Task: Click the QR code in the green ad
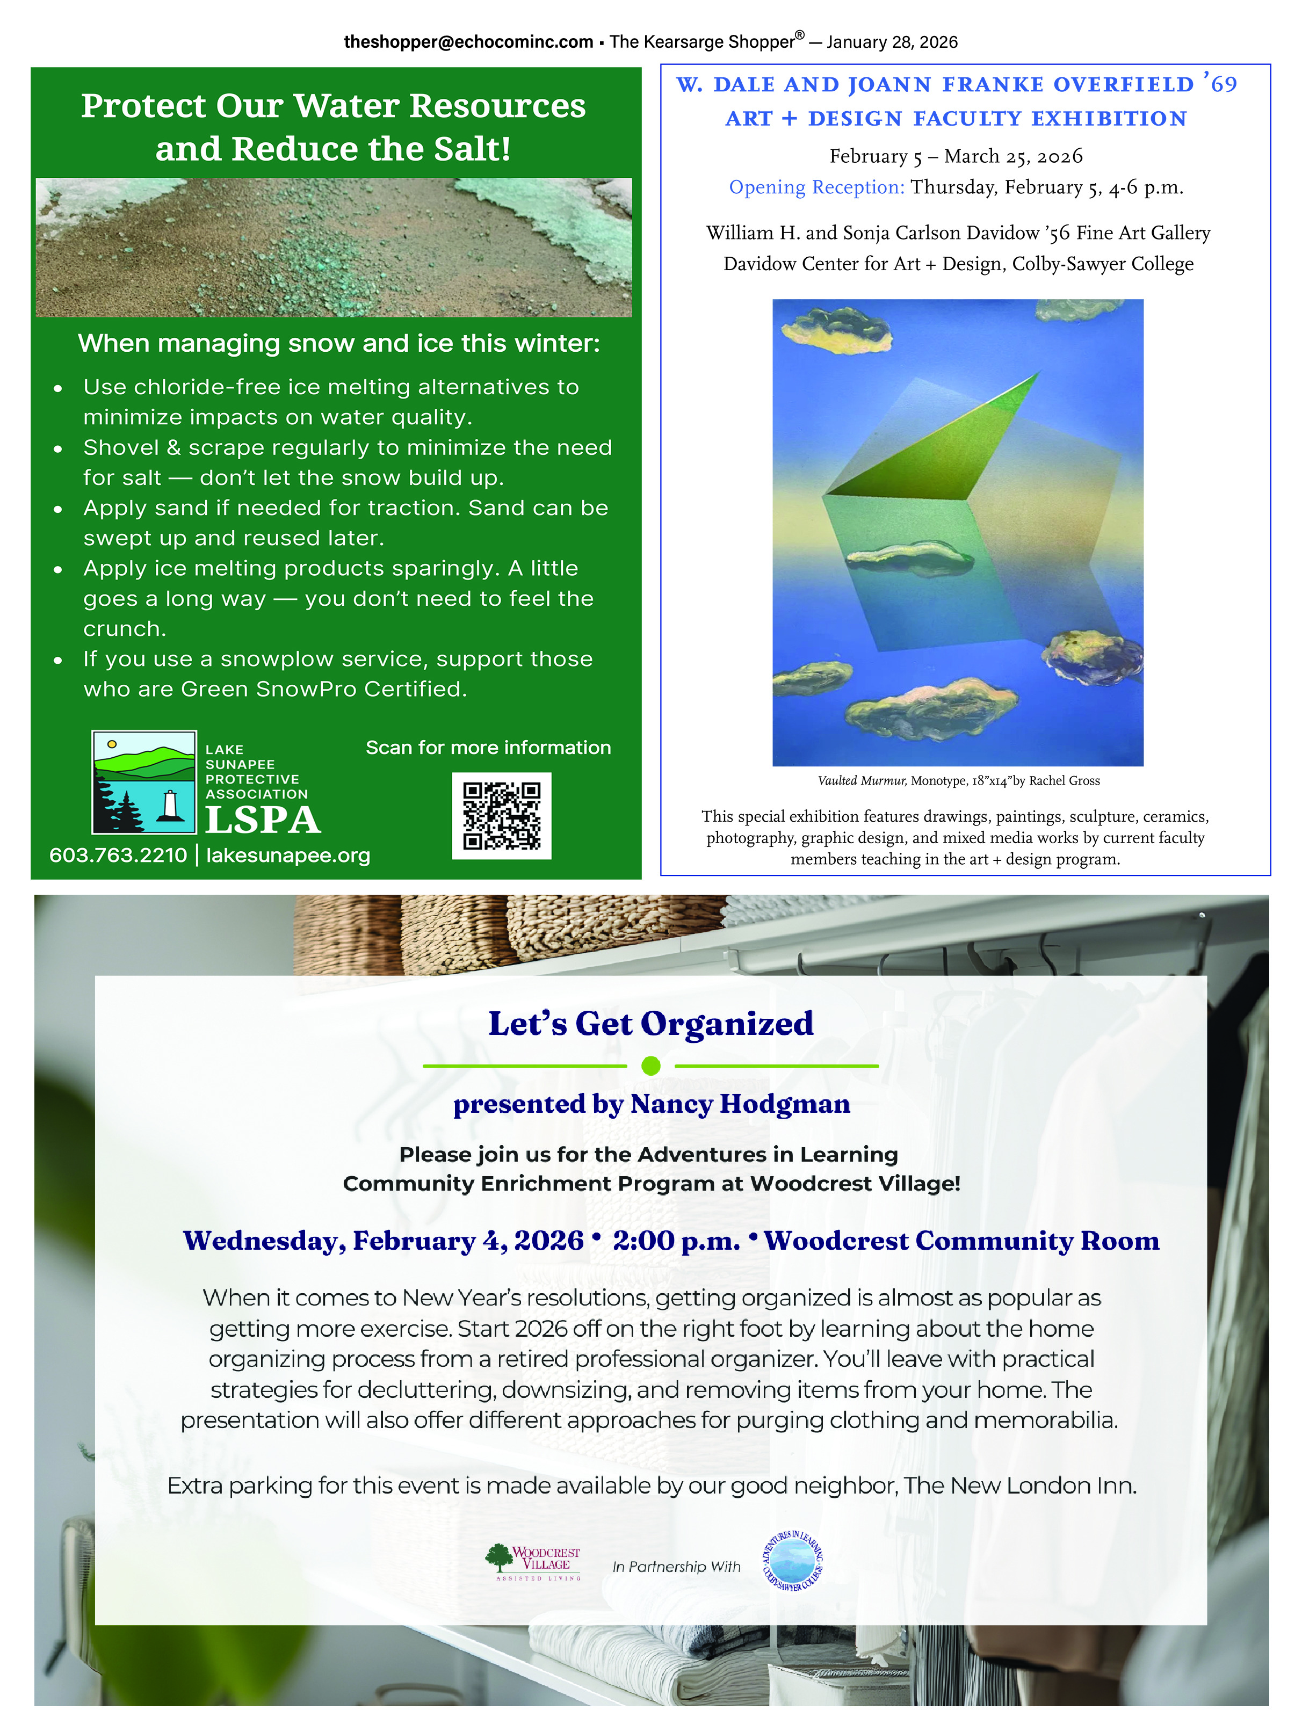[x=501, y=815]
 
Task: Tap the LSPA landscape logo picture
[x=144, y=781]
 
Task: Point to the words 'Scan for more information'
[x=488, y=747]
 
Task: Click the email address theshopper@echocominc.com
[x=468, y=42]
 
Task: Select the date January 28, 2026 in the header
[x=892, y=42]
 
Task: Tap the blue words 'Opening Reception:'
[x=816, y=187]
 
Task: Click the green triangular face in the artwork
[x=939, y=446]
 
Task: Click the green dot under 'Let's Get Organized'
[x=650, y=1066]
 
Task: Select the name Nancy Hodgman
[x=740, y=1104]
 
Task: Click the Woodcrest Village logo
[x=533, y=1562]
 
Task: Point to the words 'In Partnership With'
[x=676, y=1566]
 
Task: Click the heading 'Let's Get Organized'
[x=650, y=1024]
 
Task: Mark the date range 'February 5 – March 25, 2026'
[x=956, y=156]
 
